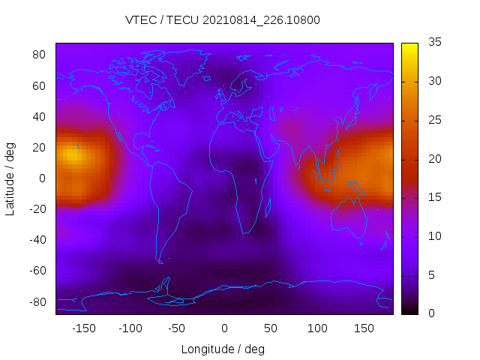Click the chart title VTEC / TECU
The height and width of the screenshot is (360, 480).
click(x=223, y=20)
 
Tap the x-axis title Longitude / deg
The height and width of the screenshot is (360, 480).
click(x=223, y=349)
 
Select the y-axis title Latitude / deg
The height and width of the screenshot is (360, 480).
click(x=10, y=178)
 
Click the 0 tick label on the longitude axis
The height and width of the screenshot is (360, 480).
click(x=223, y=328)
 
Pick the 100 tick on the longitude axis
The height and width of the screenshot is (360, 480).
click(x=316, y=328)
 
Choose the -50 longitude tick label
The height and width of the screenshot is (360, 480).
click(x=177, y=328)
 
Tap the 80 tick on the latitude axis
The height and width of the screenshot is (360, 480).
click(x=40, y=55)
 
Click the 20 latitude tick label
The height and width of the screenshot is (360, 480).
click(x=40, y=147)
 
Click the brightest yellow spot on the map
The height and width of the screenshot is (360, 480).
click(x=70, y=154)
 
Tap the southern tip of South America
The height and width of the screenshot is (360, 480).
click(x=160, y=262)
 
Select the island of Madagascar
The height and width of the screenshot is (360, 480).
click(x=267, y=207)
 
